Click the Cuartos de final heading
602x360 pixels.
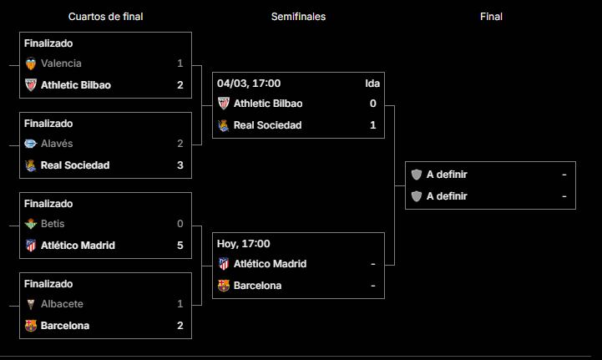[x=105, y=16]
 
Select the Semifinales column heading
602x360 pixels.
[x=298, y=16]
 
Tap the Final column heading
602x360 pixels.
[x=491, y=16]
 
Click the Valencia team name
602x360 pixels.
[x=61, y=63]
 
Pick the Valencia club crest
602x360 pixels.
[x=31, y=63]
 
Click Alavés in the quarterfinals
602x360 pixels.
[x=57, y=144]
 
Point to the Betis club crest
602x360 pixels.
[x=31, y=224]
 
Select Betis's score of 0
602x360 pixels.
[x=180, y=224]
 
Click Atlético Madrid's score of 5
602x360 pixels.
[x=180, y=246]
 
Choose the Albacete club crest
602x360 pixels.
[x=31, y=304]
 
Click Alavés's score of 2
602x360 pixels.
[x=180, y=144]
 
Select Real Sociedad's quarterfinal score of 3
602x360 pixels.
[x=180, y=165]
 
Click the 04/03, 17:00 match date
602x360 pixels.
[x=249, y=83]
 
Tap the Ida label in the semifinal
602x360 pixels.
[x=372, y=83]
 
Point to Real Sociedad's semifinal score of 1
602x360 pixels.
[x=373, y=125]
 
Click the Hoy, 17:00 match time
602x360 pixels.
[x=244, y=243]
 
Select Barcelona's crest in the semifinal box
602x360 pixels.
[x=223, y=286]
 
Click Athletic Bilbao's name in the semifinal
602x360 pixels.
[x=268, y=104]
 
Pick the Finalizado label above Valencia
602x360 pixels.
[x=48, y=43]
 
